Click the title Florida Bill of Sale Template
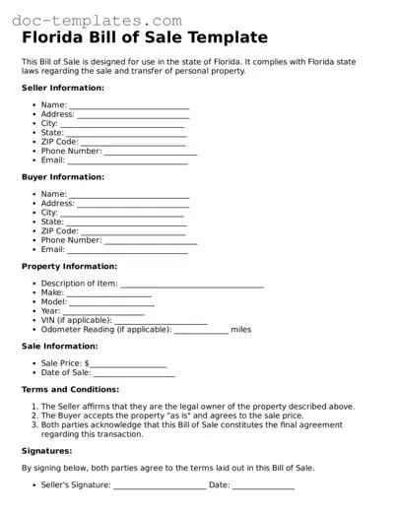(x=145, y=38)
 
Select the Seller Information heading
(x=62, y=88)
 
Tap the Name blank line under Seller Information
(x=129, y=104)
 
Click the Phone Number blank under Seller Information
(x=150, y=151)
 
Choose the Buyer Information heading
(x=62, y=177)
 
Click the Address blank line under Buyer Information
(x=133, y=204)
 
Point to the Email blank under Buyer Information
(x=127, y=250)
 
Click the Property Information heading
(x=69, y=266)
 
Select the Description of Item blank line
(x=192, y=284)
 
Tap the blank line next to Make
(x=108, y=293)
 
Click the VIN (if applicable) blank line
(x=161, y=321)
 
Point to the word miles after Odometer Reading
(x=240, y=330)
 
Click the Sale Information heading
(x=59, y=347)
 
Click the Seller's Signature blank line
(x=160, y=485)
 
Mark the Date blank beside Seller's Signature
(x=263, y=485)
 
